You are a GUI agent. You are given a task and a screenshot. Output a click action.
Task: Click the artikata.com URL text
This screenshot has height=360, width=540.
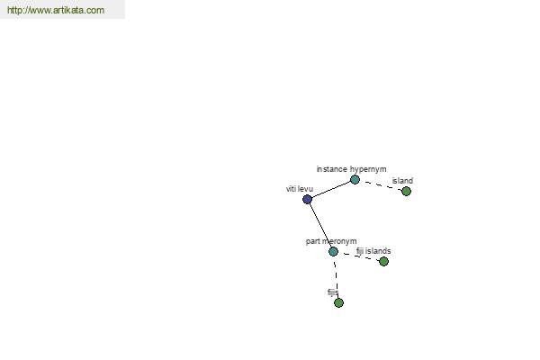[x=56, y=10]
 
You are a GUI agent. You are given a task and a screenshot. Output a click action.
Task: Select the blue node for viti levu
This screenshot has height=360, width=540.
[x=307, y=199]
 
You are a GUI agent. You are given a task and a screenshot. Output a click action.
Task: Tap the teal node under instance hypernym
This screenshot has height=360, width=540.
[x=355, y=179]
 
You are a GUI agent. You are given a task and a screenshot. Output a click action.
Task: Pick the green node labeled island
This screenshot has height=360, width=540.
[x=407, y=191]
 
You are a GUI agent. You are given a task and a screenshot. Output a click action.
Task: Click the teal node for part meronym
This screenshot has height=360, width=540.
[x=333, y=251]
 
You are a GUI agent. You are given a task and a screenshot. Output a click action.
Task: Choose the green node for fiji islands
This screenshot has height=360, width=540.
[x=383, y=262]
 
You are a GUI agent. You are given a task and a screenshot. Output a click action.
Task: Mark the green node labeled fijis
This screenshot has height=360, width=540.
[x=339, y=302]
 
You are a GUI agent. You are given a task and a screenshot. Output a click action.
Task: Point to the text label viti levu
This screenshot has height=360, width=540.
[x=300, y=189]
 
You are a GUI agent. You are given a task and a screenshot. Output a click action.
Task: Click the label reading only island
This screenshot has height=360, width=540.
[x=402, y=181]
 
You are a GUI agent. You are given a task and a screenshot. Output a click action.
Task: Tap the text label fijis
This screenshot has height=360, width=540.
[x=333, y=292]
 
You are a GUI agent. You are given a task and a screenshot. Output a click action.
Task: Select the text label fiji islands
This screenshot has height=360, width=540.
[x=373, y=251]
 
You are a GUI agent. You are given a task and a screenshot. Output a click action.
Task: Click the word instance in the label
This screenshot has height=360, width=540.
[x=331, y=169]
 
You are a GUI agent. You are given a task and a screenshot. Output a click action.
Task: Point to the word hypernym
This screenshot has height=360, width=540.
[x=368, y=169]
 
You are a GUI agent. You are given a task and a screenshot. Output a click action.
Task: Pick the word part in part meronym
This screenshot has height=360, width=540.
[x=312, y=241]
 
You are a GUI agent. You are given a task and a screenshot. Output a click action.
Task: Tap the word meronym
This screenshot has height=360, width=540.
[x=339, y=241]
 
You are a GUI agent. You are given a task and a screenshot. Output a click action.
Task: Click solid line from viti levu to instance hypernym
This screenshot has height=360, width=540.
[x=331, y=190]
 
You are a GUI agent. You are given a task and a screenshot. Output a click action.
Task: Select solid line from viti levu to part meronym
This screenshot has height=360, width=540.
[x=319, y=225]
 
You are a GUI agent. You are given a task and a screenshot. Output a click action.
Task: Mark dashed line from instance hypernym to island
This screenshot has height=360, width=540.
[x=381, y=185]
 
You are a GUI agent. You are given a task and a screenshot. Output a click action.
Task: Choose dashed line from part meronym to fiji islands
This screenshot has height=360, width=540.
[x=358, y=256]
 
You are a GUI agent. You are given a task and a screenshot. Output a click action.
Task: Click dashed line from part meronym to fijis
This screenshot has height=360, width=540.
[x=336, y=277]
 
